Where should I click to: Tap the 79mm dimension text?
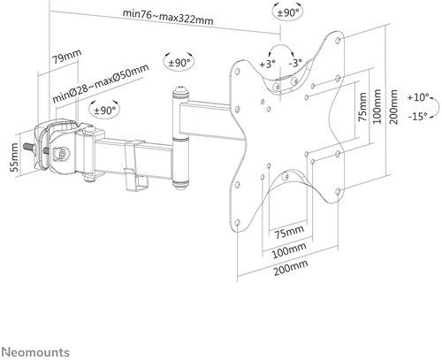pyautogui.click(x=64, y=60)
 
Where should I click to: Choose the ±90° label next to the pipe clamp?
pyautogui.click(x=104, y=111)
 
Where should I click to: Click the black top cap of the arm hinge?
pyautogui.click(x=181, y=92)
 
